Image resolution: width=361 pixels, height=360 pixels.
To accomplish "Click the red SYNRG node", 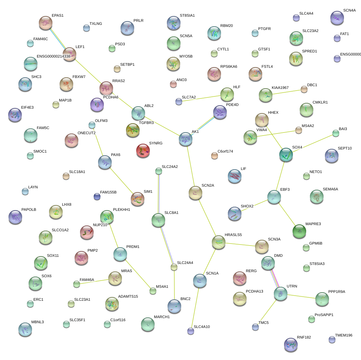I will pos(143,150).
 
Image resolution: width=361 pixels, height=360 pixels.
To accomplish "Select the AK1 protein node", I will pos(186,139).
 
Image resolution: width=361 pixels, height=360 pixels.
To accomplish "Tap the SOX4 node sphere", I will pos(286,154).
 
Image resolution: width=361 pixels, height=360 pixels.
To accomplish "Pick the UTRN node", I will pos(281,294).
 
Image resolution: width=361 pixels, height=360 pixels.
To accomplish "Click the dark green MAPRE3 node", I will pos(299,231).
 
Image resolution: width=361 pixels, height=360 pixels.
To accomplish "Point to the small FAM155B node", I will pos(97,196).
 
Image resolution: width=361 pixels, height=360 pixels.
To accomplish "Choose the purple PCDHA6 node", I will pos(97,105).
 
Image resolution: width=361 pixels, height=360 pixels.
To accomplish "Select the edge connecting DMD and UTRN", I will pos(274,278).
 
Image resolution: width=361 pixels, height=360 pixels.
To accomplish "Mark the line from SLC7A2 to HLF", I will pos(202,98).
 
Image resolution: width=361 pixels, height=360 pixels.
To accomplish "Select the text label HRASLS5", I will pos(233,235).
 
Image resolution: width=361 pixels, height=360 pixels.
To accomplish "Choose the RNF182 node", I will pos(291,344).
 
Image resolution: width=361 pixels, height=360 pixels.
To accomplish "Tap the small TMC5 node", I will pos(255,327).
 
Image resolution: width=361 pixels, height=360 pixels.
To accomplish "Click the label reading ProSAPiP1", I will pos(324,315).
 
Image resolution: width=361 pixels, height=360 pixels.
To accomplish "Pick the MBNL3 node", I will pos(25,329).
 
